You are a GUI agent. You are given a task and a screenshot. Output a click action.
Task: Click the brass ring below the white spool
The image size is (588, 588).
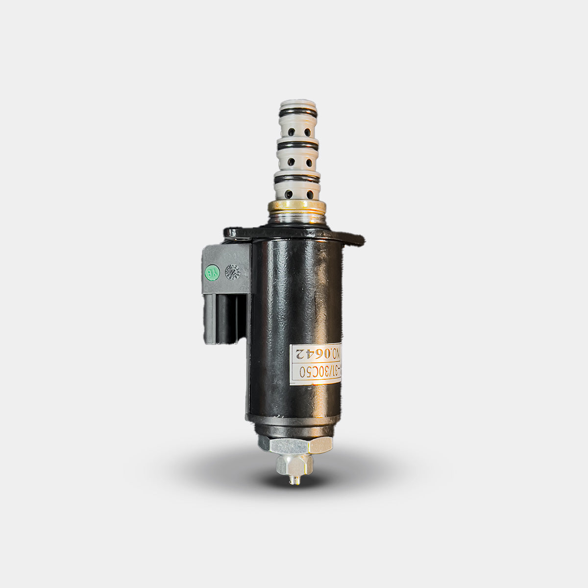coord(297,206)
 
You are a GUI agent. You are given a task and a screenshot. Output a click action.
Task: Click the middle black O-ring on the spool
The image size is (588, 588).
coord(297,146)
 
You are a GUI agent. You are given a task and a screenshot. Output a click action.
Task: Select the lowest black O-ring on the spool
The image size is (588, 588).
coord(297,179)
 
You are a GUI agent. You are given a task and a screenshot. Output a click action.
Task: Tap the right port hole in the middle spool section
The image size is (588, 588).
coord(309,162)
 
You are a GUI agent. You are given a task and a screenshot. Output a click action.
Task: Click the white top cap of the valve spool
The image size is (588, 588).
coord(297,106)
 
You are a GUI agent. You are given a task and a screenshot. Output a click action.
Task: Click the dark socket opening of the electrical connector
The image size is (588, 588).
coord(224,318)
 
